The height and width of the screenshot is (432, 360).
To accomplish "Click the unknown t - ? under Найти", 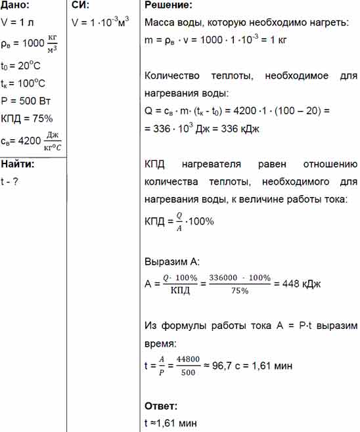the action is (9, 181).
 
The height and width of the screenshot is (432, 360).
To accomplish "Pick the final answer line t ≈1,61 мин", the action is (169, 423).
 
